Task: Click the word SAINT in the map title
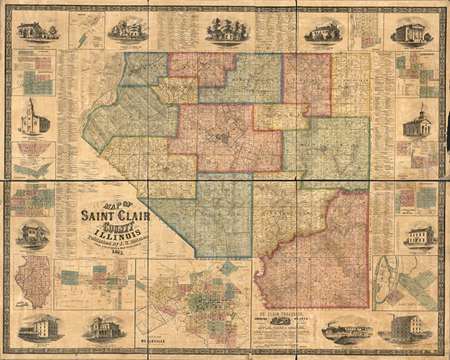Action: coord(97,216)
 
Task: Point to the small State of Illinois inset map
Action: coord(33,281)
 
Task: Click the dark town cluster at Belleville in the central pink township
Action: coord(223,138)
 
